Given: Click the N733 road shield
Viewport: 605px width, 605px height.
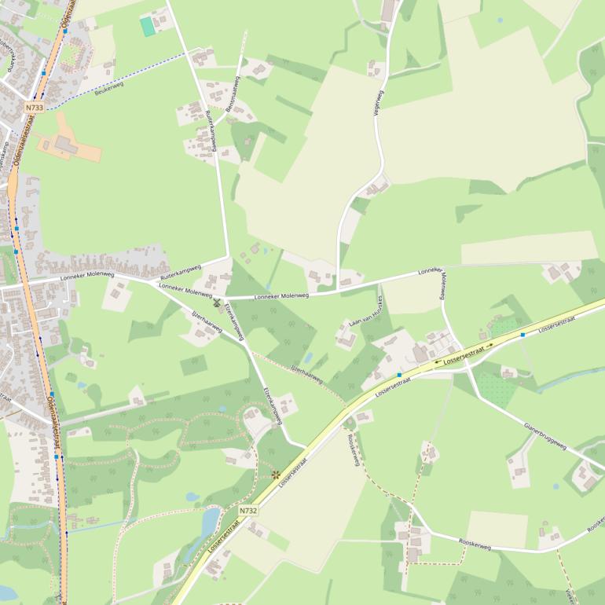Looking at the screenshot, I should pyautogui.click(x=34, y=108).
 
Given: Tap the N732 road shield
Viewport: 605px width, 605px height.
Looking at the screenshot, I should pyautogui.click(x=248, y=511).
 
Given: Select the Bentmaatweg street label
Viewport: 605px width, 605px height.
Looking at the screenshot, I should pyautogui.click(x=233, y=94).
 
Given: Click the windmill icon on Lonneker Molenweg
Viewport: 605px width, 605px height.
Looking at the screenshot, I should pyautogui.click(x=217, y=302).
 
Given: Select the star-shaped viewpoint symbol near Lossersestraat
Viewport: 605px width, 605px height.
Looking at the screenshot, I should pyautogui.click(x=276, y=475).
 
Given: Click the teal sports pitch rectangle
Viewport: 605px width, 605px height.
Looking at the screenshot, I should pyautogui.click(x=148, y=26).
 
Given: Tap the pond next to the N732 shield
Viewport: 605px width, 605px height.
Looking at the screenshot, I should pyautogui.click(x=210, y=520).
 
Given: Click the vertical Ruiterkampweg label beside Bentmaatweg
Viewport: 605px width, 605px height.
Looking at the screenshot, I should pyautogui.click(x=211, y=126).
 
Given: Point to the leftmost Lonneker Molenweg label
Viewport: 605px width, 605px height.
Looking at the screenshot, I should pyautogui.click(x=84, y=277).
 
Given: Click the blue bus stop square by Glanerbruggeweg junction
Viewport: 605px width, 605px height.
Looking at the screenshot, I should pyautogui.click(x=522, y=335).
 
